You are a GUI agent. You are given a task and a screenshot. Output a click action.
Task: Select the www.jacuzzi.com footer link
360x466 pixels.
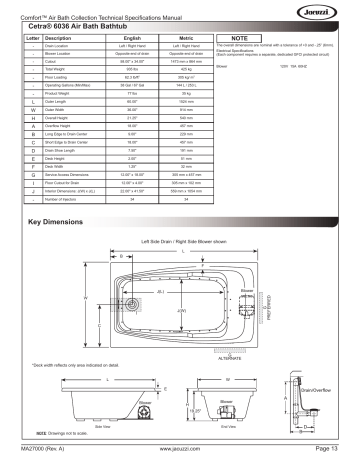tap(180, 457)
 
